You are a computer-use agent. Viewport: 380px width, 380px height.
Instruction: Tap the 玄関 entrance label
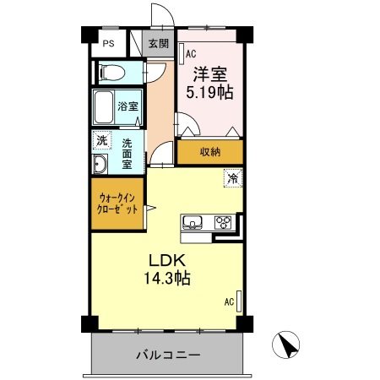[159, 44]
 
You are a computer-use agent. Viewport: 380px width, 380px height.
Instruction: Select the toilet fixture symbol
[110, 73]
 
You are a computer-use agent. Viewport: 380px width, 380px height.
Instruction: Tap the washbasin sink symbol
[100, 164]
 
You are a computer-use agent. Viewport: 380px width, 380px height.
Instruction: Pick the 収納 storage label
[210, 152]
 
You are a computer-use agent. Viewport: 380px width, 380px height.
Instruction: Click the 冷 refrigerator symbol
[231, 179]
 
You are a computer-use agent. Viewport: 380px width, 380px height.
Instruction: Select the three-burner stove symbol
[224, 224]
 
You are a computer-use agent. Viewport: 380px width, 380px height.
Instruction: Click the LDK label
[167, 258]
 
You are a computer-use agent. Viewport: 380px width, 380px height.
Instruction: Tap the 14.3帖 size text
[166, 278]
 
